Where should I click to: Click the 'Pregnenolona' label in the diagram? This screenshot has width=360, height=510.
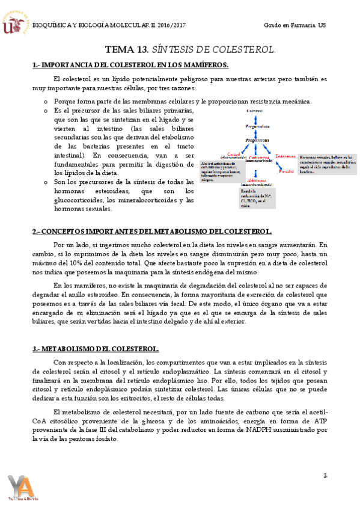click(x=257, y=126)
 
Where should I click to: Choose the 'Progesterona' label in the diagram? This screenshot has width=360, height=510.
click(x=257, y=140)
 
